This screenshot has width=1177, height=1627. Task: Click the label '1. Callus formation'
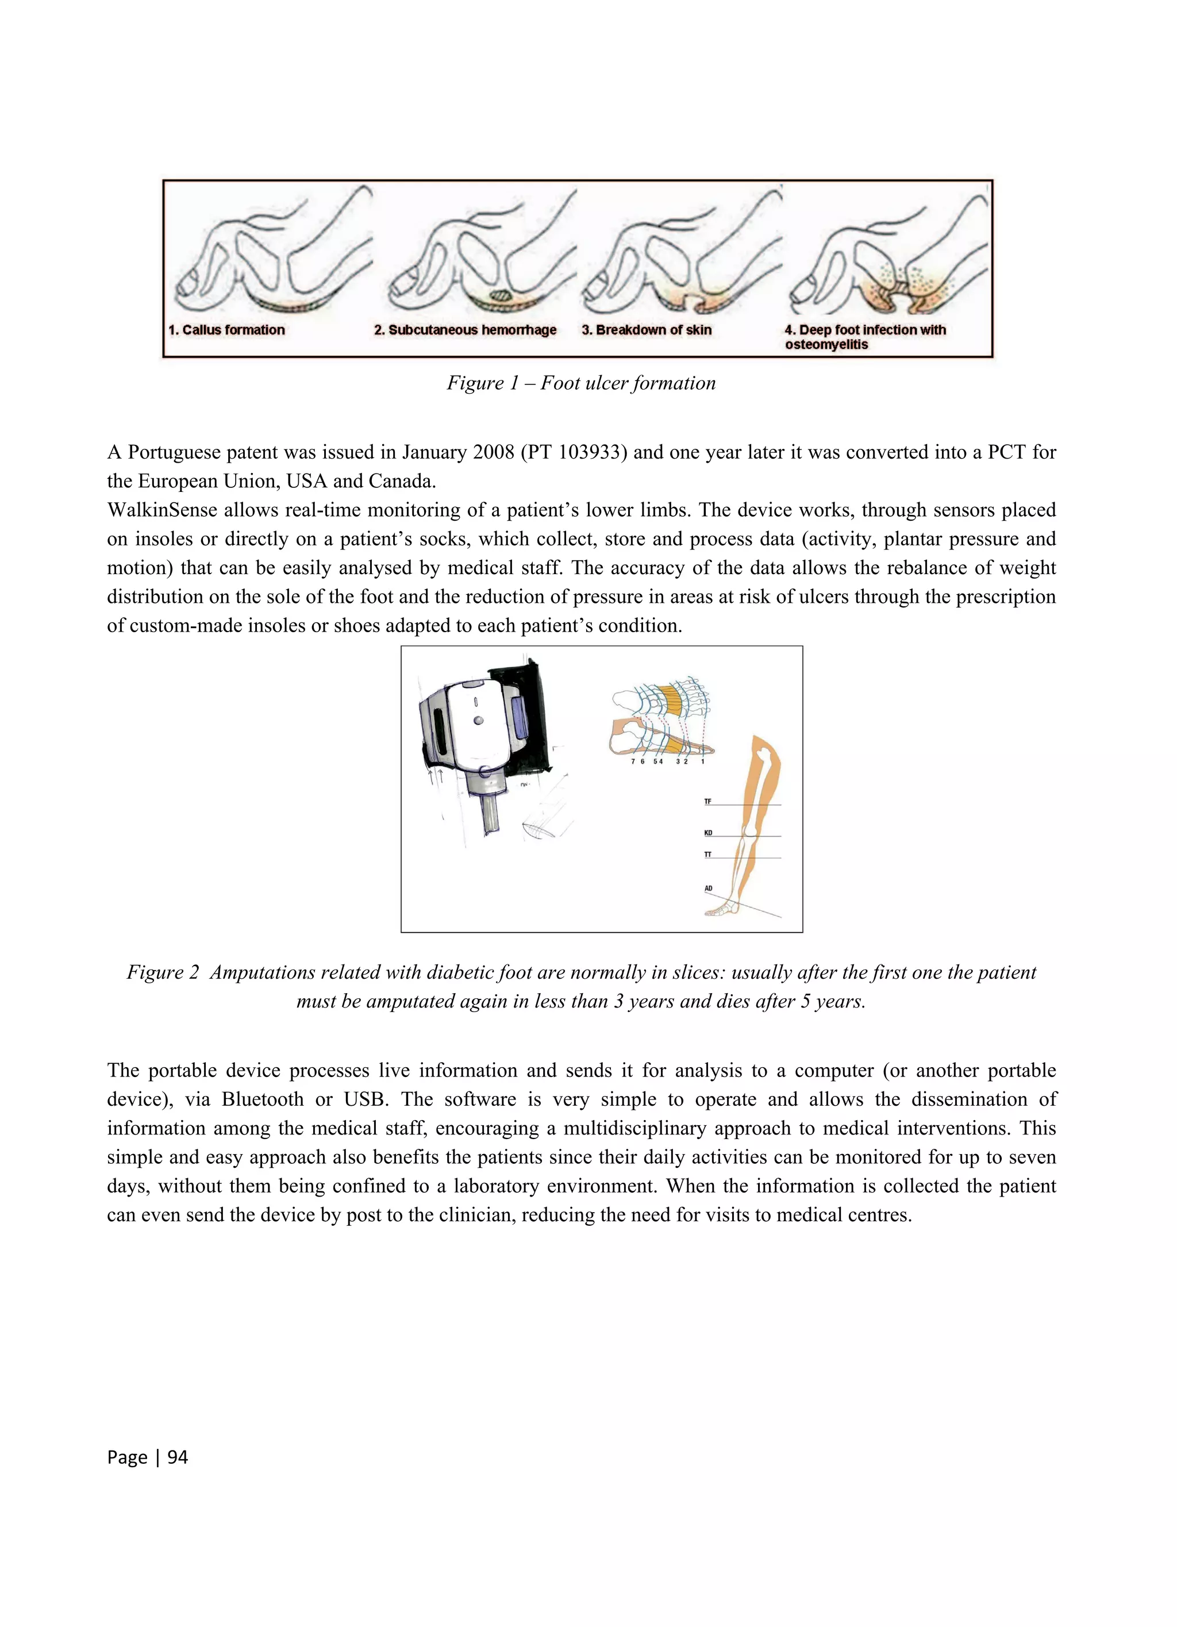(x=226, y=330)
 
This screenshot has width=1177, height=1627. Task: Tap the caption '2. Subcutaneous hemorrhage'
(x=465, y=330)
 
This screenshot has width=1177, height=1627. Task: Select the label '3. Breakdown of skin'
(x=646, y=330)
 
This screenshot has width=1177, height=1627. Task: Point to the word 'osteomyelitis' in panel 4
(x=826, y=345)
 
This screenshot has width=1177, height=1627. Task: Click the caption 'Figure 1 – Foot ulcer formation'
(x=581, y=383)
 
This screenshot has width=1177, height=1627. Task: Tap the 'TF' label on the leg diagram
(x=708, y=801)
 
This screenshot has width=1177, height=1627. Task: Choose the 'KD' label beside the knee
(x=708, y=833)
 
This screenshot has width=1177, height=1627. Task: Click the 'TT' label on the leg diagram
(x=708, y=855)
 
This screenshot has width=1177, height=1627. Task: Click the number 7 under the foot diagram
(x=633, y=762)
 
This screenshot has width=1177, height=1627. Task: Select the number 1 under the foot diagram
(x=703, y=762)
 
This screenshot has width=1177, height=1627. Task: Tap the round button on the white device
(x=478, y=720)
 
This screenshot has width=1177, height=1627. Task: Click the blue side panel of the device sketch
(x=520, y=717)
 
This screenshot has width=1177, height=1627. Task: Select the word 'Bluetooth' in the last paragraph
(x=263, y=1100)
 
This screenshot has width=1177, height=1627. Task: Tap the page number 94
(x=177, y=1457)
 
